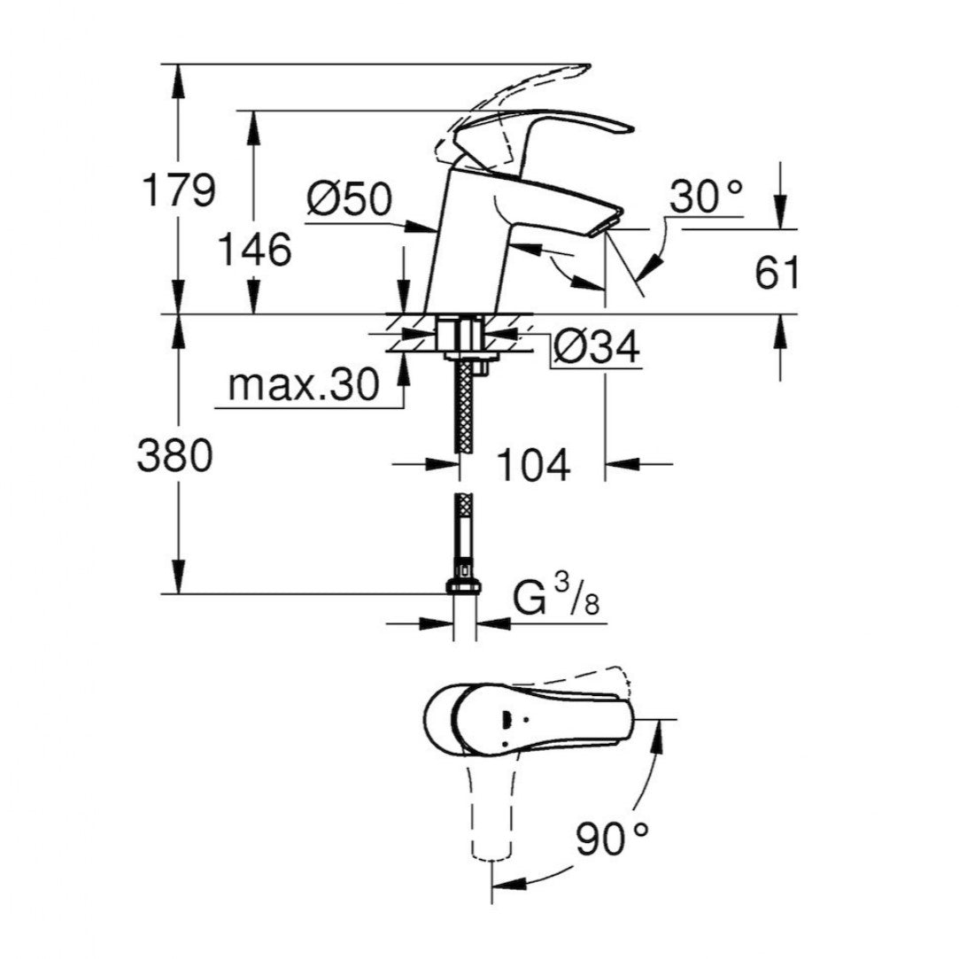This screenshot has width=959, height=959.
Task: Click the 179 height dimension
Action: pos(179,190)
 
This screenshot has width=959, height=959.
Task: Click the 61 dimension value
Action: pos(777,274)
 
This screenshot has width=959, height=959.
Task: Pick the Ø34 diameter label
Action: pos(596,348)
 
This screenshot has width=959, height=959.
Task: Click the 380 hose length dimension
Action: pos(175,456)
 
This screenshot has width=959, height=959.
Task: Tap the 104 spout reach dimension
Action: pos(531,465)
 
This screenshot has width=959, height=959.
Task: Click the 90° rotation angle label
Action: pos(613,839)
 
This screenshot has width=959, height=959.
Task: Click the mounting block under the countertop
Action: pos(460,335)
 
